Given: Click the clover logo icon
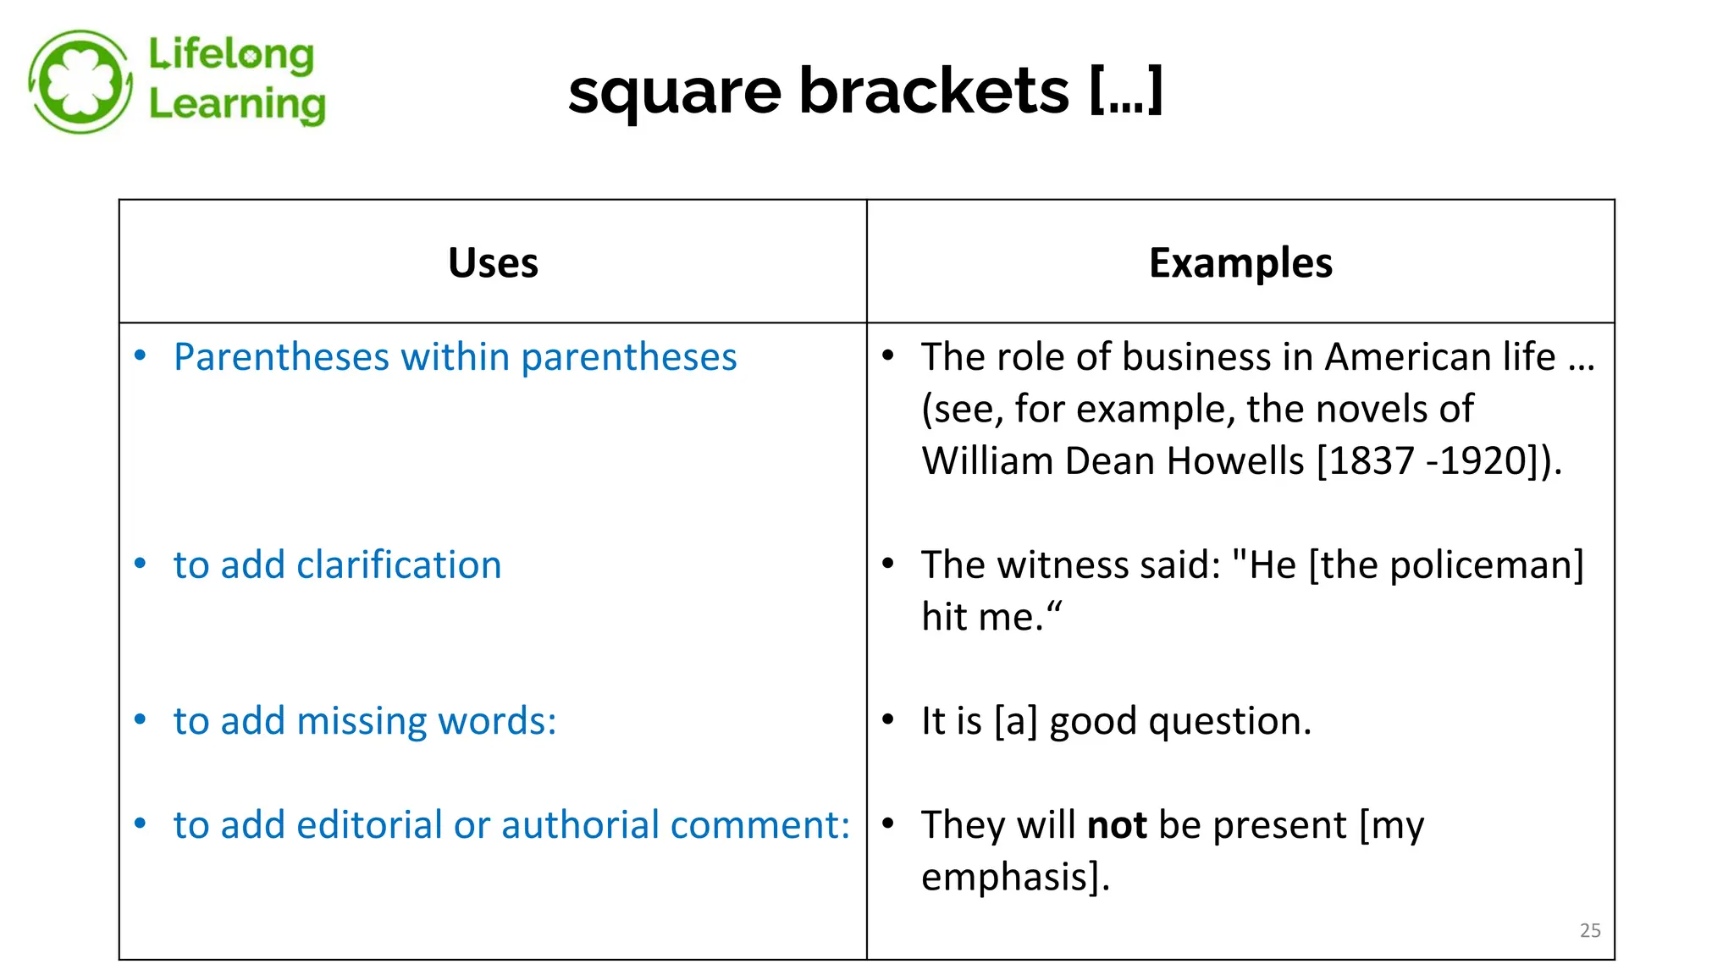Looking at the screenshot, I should pyautogui.click(x=80, y=82).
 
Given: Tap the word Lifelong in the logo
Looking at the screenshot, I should pyautogui.click(x=231, y=55).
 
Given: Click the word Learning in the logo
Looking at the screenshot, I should pyautogui.click(x=237, y=105).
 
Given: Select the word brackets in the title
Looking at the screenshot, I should pyautogui.click(x=934, y=91).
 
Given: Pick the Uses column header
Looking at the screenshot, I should pyautogui.click(x=493, y=262).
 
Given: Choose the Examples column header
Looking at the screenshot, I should pyautogui.click(x=1240, y=262).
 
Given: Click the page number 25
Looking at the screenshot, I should pyautogui.click(x=1590, y=930).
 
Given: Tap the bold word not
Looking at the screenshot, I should pyautogui.click(x=1117, y=825).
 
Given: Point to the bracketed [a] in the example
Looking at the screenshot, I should pyautogui.click(x=1015, y=721).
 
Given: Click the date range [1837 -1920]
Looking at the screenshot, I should pyautogui.click(x=1428, y=461).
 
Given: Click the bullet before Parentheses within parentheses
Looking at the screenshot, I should pyautogui.click(x=141, y=355).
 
